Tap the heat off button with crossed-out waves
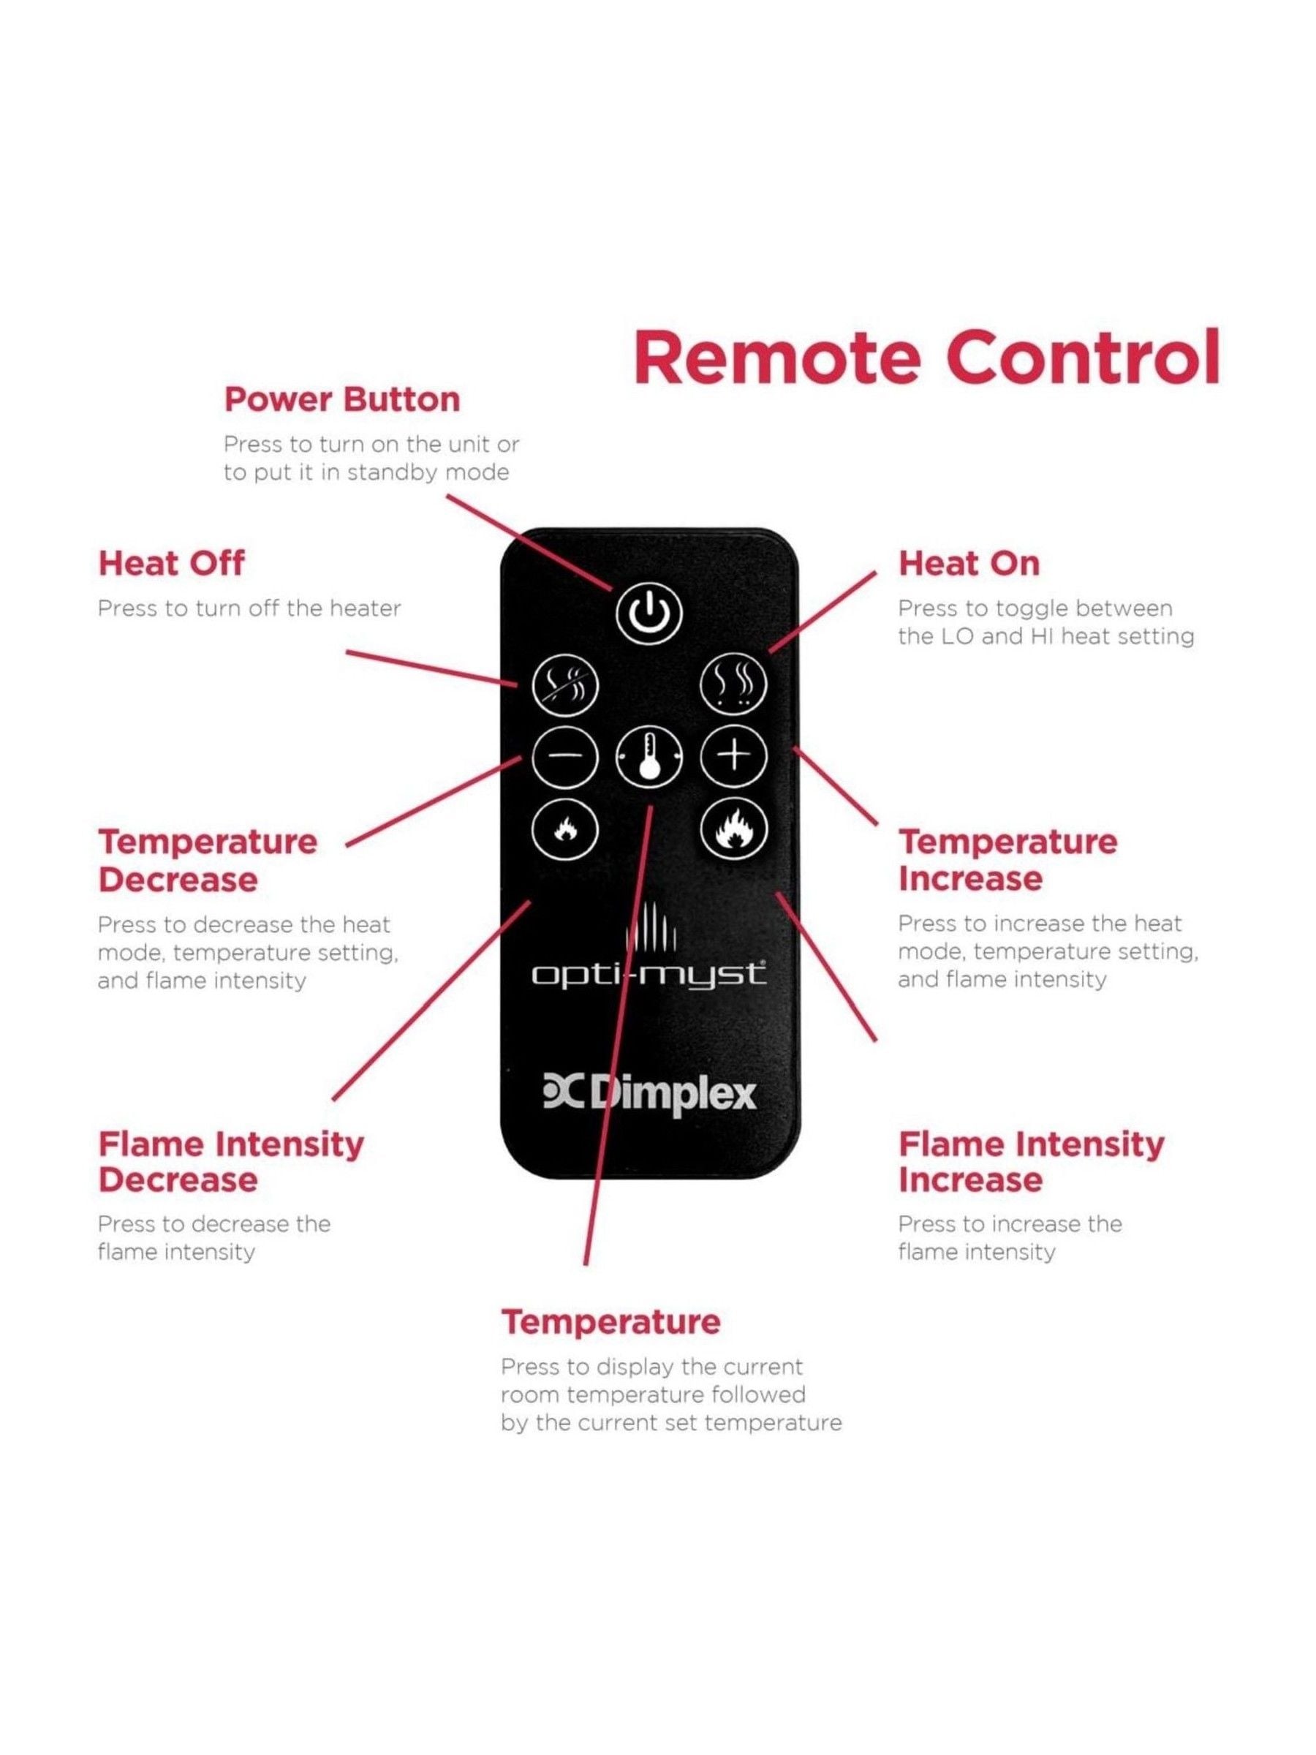tap(564, 684)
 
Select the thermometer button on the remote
tap(650, 758)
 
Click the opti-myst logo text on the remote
tap(648, 974)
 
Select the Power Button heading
tap(342, 400)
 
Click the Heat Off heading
tap(171, 563)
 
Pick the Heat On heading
tap(969, 563)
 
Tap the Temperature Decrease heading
tap(208, 861)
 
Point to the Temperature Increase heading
tap(1007, 860)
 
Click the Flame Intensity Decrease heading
tap(231, 1163)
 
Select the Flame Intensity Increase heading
tap(1031, 1163)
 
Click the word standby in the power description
tap(393, 473)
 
